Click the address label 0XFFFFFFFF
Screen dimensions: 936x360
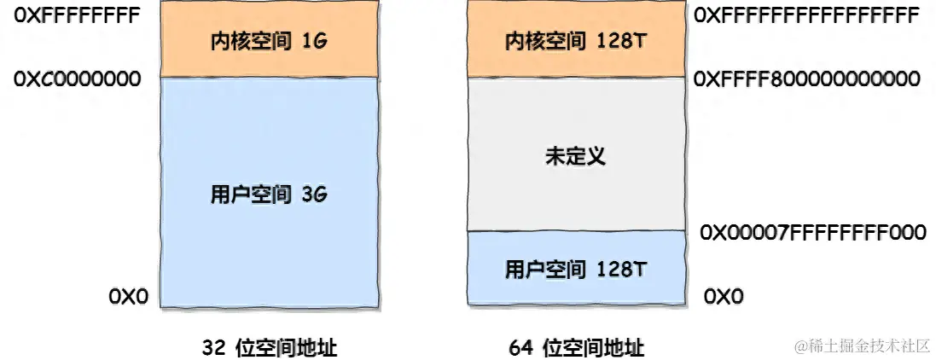coord(76,15)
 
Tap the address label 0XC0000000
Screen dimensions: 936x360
coord(76,79)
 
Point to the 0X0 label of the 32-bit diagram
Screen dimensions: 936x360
coord(128,296)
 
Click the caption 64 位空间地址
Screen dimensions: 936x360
coord(576,347)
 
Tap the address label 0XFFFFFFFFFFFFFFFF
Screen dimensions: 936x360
coord(806,15)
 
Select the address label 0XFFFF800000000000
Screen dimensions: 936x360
coord(807,79)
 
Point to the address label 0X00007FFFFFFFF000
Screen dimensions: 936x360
coord(812,232)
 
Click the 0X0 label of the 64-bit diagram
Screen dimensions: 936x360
coord(724,296)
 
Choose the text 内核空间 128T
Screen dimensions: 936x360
coord(576,40)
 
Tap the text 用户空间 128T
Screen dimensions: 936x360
coord(576,270)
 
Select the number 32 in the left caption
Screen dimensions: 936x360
coord(214,347)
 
